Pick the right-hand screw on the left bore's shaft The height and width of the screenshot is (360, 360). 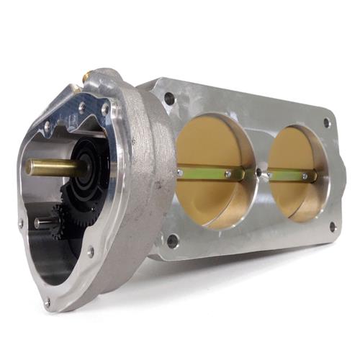228,174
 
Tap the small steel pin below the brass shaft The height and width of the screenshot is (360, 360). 45,223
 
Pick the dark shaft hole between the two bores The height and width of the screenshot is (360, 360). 258,173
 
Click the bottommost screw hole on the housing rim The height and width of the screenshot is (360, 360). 48,302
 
